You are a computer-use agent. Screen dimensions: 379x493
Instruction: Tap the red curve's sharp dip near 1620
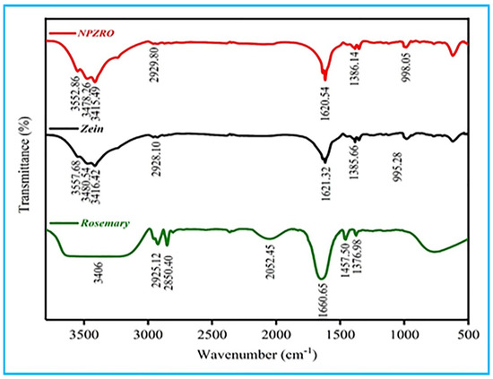pos(325,80)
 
